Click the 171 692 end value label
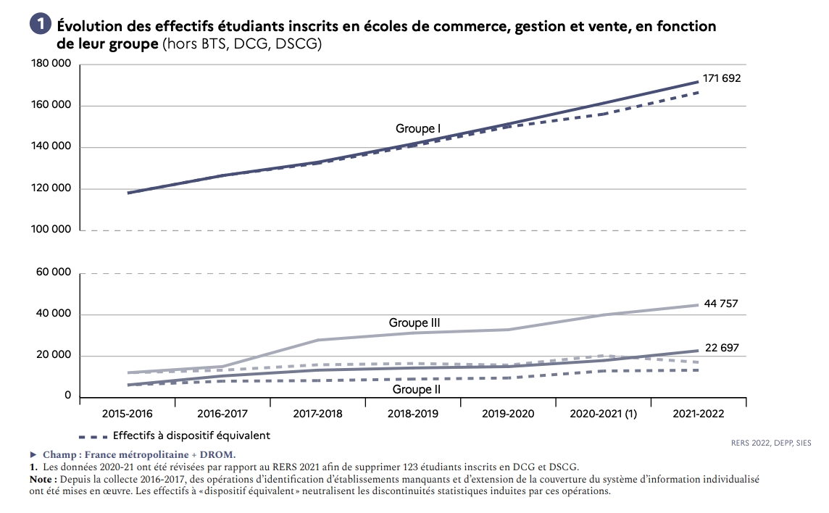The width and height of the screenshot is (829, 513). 722,78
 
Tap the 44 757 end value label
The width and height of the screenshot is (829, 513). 720,304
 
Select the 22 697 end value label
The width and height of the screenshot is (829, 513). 721,348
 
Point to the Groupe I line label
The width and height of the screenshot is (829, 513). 418,129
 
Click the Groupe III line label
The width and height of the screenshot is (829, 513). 414,323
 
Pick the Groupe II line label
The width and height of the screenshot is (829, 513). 417,389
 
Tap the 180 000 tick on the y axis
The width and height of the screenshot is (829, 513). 51,64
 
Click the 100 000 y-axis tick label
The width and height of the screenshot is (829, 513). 51,230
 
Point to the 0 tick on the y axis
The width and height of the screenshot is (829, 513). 67,396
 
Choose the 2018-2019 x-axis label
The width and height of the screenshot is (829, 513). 414,414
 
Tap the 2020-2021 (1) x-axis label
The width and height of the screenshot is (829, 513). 604,414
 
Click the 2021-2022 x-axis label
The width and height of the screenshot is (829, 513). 699,414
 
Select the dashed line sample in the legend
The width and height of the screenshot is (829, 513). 92,436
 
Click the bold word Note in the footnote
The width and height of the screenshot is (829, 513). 42,480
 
